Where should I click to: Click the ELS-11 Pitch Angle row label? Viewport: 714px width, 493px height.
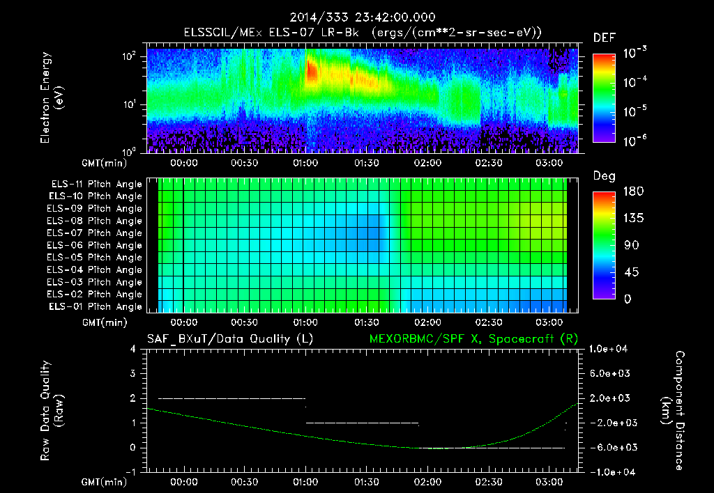(96, 185)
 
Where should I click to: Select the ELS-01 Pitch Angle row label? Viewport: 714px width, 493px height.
(96, 307)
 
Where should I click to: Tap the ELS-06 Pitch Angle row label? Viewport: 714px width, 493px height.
(96, 246)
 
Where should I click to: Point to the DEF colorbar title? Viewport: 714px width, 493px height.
(603, 38)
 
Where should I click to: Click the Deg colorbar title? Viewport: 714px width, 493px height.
(603, 176)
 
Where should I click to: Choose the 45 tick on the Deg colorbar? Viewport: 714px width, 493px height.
(632, 272)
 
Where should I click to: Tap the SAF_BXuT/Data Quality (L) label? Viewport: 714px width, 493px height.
(229, 339)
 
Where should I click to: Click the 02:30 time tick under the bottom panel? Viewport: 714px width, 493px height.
(488, 481)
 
